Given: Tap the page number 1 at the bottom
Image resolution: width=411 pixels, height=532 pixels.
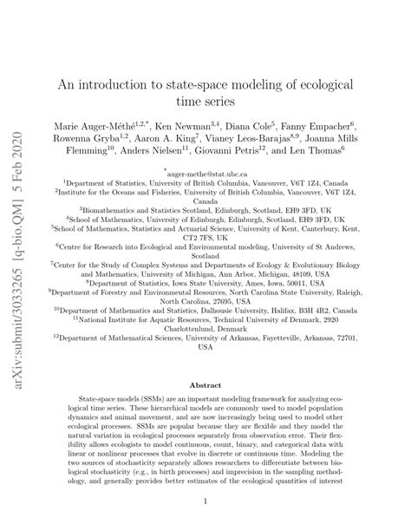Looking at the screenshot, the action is pyautogui.click(x=205, y=501).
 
